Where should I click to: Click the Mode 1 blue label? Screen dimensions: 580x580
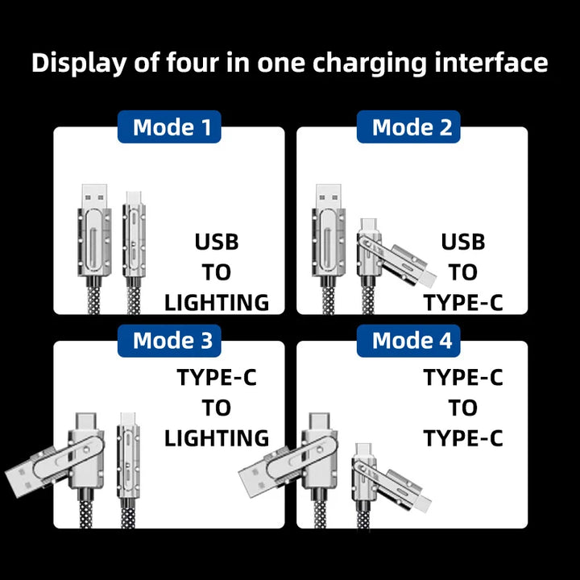(169, 127)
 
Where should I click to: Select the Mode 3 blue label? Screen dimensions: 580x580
(169, 341)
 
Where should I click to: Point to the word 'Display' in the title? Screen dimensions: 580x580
(79, 63)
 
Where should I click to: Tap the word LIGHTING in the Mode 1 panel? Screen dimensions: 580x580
(217, 303)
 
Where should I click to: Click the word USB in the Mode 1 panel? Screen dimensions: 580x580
(217, 242)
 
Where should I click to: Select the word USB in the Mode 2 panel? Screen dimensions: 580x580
(463, 242)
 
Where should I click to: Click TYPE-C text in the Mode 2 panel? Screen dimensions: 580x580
(463, 303)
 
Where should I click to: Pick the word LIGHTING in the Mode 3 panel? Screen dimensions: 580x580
(217, 438)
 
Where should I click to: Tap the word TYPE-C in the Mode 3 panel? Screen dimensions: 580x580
(217, 377)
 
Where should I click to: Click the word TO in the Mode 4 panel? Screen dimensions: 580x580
(463, 408)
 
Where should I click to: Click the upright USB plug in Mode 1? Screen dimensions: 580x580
(94, 196)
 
